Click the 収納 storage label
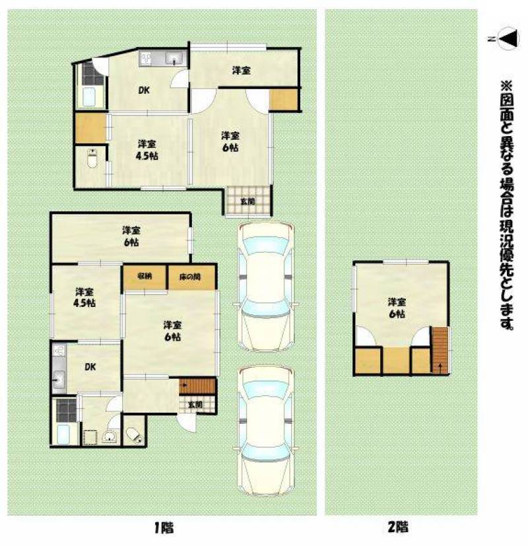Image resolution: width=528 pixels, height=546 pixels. pyautogui.click(x=144, y=277)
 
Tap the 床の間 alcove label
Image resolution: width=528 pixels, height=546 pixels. pyautogui.click(x=190, y=277)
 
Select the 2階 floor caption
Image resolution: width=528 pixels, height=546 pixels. pyautogui.click(x=398, y=527)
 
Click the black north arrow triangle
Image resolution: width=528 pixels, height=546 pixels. pyautogui.click(x=511, y=38)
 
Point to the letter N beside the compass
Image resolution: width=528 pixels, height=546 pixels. pyautogui.click(x=491, y=39)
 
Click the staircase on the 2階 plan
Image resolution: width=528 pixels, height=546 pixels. pyautogui.click(x=440, y=351)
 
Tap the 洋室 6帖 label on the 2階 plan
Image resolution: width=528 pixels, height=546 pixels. pyautogui.click(x=397, y=308)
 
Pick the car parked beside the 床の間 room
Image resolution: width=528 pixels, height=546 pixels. pyautogui.click(x=265, y=287)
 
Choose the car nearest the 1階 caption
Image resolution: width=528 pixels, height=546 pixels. pyautogui.click(x=265, y=430)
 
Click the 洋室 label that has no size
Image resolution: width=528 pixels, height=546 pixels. pyautogui.click(x=241, y=71)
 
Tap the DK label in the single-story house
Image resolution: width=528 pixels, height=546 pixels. pyautogui.click(x=144, y=90)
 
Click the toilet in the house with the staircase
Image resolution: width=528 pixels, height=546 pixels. pyautogui.click(x=134, y=435)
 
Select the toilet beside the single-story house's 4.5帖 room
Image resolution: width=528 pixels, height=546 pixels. pyautogui.click(x=92, y=159)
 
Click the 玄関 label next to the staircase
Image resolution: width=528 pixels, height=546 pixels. pyautogui.click(x=195, y=405)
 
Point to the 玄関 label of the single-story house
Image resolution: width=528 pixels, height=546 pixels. pyautogui.click(x=247, y=201)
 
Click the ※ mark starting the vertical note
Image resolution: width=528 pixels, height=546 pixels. pyautogui.click(x=507, y=86)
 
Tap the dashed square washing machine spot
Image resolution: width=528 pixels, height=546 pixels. pyautogui.click(x=90, y=437)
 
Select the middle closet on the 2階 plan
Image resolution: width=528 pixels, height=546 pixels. pyautogui.click(x=397, y=360)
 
